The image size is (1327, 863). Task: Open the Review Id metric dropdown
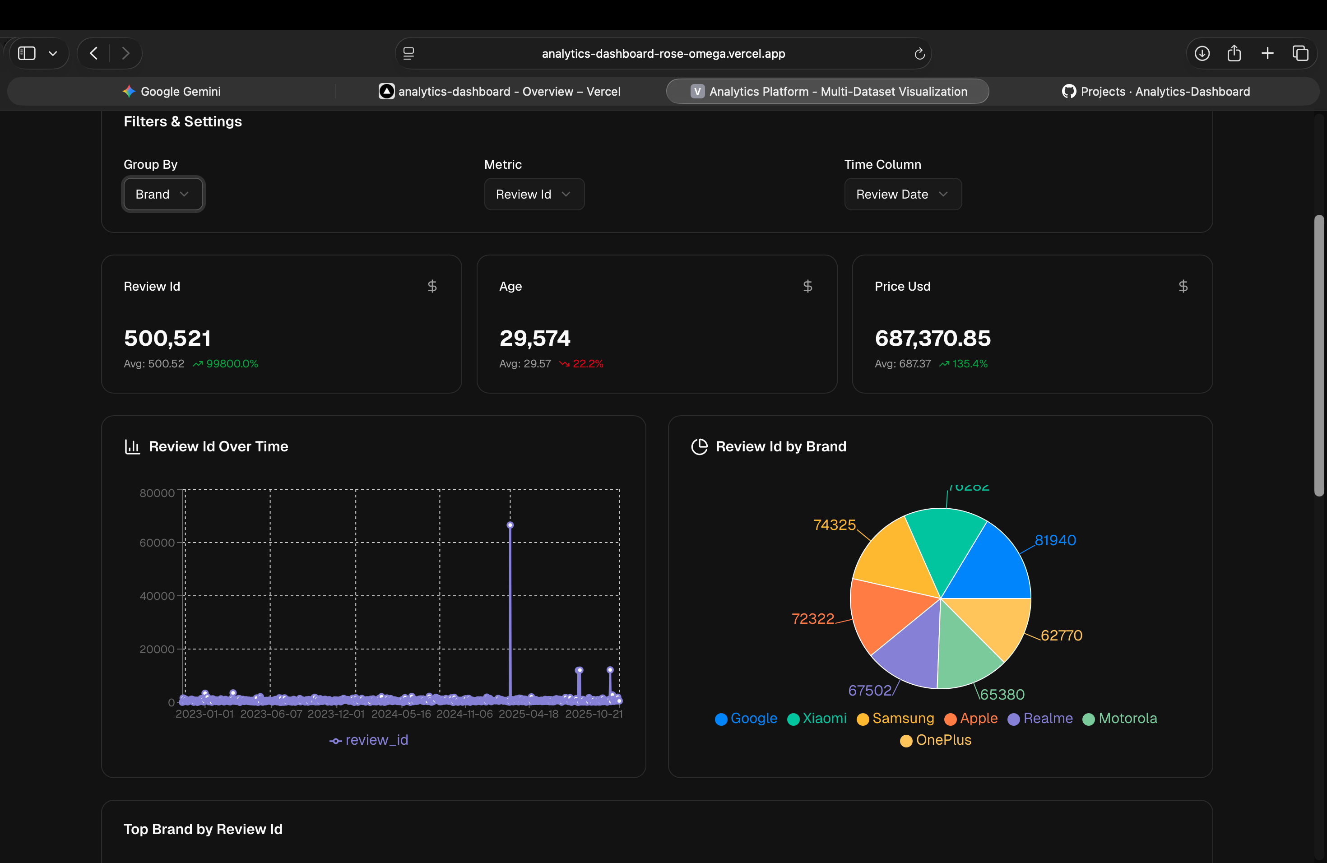point(534,194)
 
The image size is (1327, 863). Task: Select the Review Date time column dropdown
point(902,194)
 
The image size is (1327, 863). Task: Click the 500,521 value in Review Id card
point(167,338)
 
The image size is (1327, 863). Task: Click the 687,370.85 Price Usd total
point(932,338)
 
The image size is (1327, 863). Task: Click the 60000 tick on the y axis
point(157,543)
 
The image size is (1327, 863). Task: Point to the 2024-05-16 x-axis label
point(401,714)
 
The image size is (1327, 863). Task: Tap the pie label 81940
point(1055,540)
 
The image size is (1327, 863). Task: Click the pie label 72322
point(812,618)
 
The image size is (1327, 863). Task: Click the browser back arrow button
point(94,54)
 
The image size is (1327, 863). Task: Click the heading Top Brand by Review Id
point(203,829)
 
